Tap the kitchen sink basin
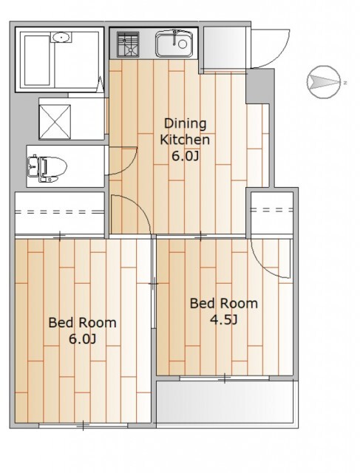point(174,44)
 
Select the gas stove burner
point(128,44)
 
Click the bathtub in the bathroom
point(37,61)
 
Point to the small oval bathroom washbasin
point(61,38)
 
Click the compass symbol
point(325,82)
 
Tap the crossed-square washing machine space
point(55,121)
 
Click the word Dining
point(185,124)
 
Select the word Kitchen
point(185,140)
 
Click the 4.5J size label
point(223,320)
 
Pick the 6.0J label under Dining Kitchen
point(185,156)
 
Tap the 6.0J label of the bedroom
point(82,339)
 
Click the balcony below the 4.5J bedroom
point(225,401)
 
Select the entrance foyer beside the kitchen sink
point(223,48)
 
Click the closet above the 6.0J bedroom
point(60,213)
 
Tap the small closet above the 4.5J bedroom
point(272,213)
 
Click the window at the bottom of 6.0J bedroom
point(84,426)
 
